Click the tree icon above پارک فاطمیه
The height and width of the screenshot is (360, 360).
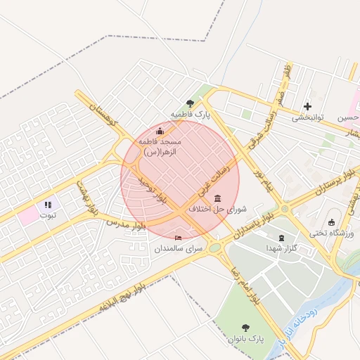[190, 103]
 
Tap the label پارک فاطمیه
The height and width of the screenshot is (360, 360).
[190, 114]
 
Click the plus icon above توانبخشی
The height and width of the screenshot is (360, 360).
[307, 107]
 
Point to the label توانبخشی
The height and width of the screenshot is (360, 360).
[307, 117]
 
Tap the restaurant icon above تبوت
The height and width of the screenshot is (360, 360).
[48, 205]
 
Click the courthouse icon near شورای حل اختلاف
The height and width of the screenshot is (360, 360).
[217, 198]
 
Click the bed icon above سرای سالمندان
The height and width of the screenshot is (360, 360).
[178, 238]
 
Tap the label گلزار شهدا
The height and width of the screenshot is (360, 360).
[283, 248]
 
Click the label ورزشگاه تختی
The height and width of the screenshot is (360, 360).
[332, 233]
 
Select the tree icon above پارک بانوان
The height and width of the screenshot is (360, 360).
[245, 328]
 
